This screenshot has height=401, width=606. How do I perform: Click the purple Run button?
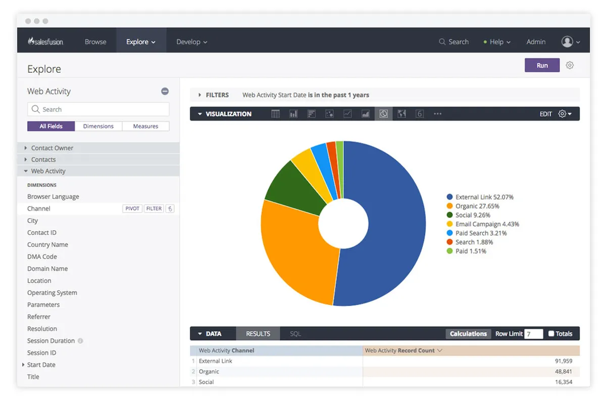[542, 65]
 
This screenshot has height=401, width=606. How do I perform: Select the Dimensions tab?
[98, 126]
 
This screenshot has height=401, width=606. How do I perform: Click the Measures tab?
[145, 126]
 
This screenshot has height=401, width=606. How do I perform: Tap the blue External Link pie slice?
[389, 227]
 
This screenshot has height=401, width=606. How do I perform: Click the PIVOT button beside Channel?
[132, 209]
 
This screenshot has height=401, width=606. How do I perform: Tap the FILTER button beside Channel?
[154, 209]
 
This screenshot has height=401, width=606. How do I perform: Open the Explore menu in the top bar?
[141, 42]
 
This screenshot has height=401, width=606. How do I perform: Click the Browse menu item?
[95, 42]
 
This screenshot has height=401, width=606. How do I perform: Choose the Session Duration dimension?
[51, 341]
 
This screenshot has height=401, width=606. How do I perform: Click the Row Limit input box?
[533, 334]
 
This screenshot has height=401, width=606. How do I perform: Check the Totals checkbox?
[551, 334]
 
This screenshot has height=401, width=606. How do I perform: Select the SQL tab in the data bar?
[295, 334]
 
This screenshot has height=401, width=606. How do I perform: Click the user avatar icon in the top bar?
[567, 42]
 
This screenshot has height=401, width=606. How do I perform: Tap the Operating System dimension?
[52, 293]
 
